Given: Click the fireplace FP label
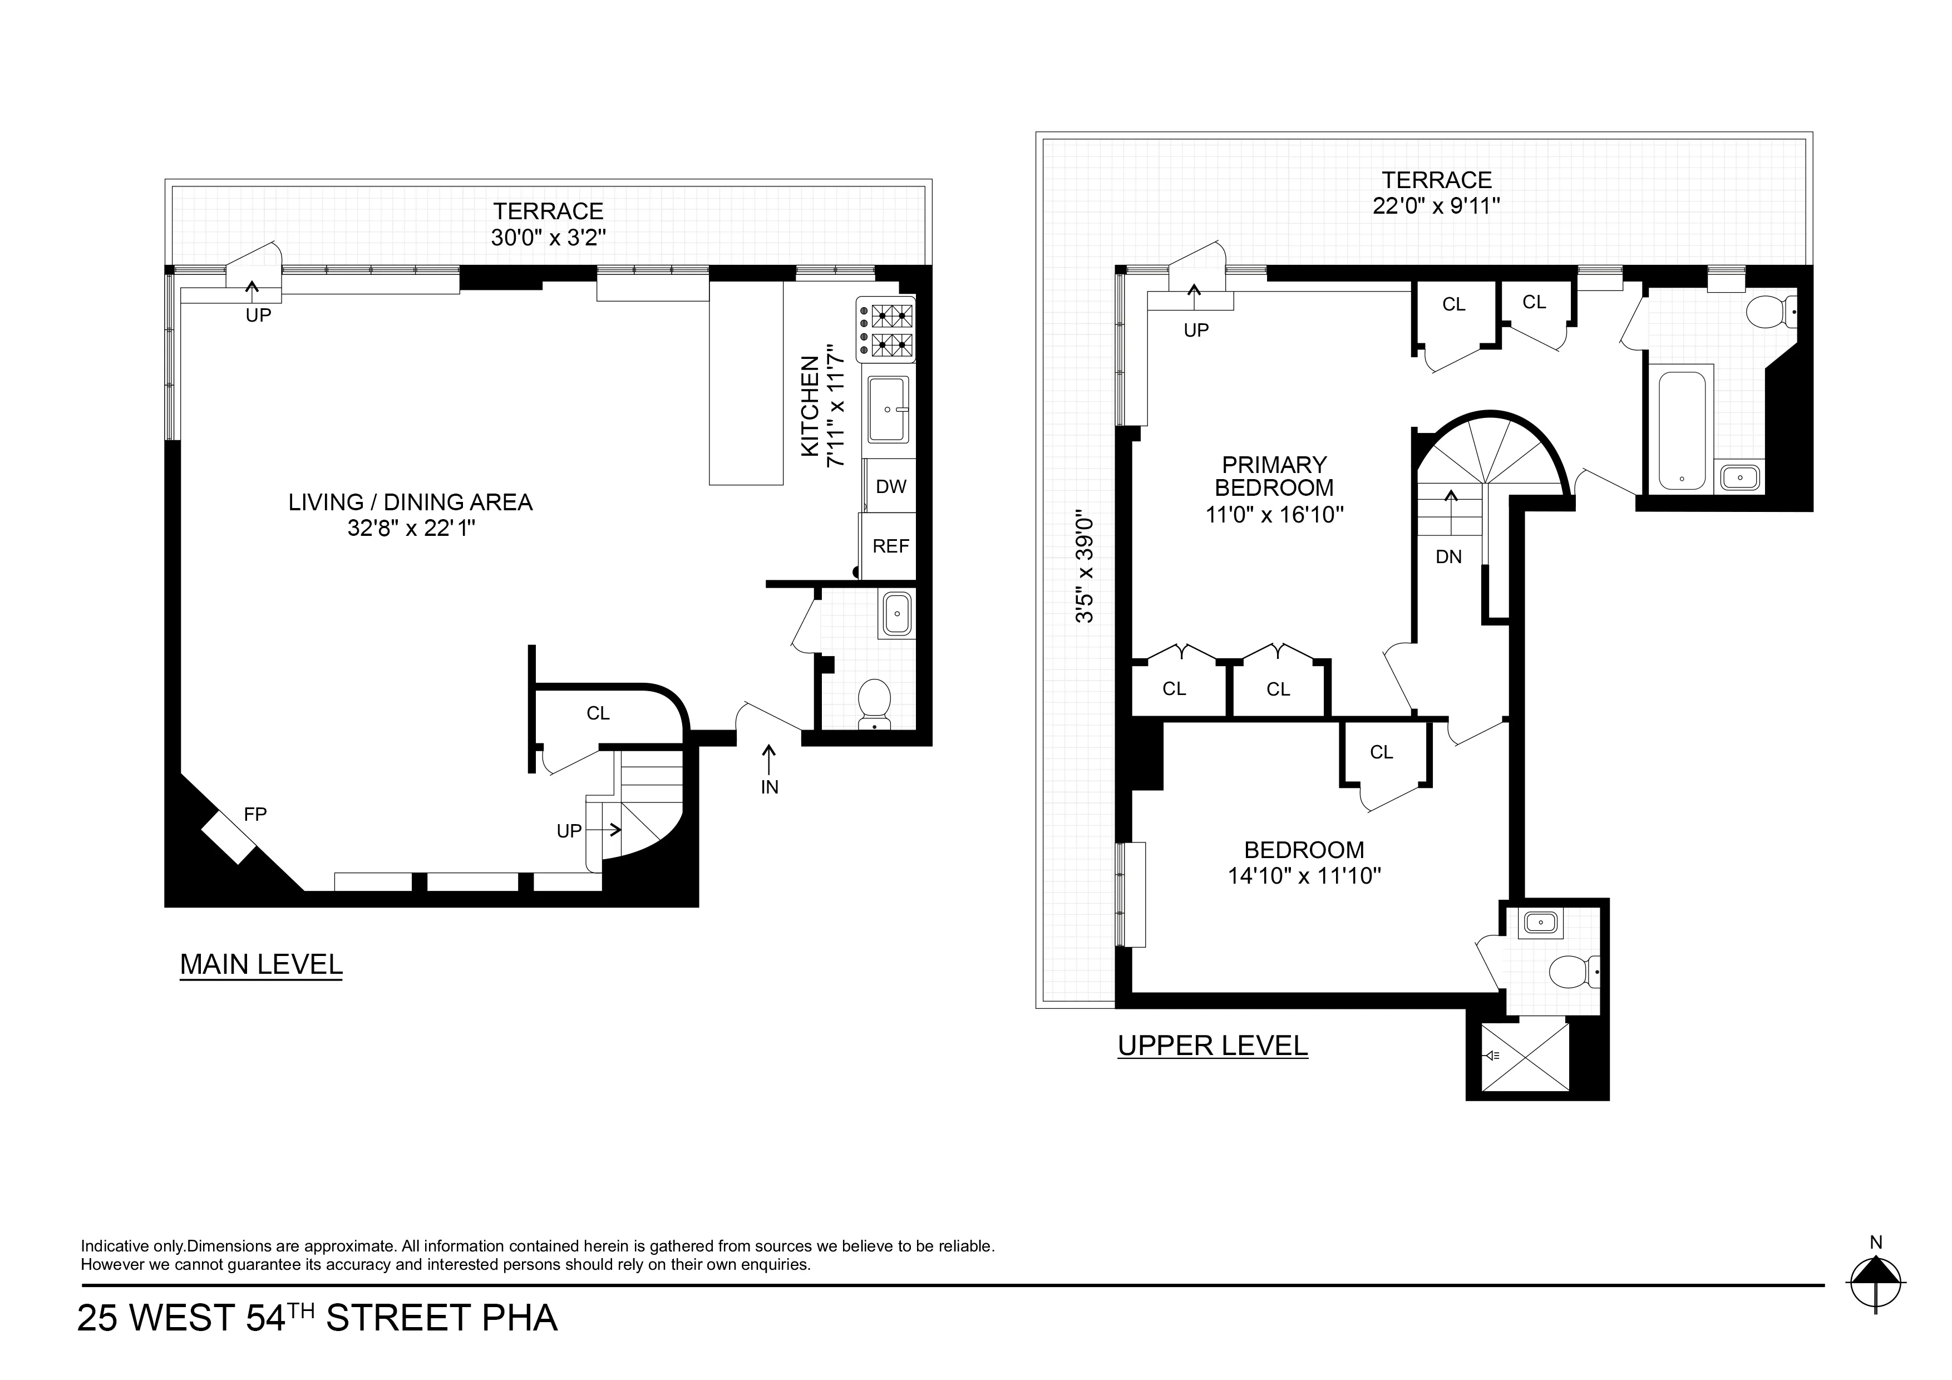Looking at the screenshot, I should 255,815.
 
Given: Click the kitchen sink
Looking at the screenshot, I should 889,410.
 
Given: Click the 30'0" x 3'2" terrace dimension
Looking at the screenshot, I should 548,237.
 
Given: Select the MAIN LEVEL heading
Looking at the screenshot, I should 261,964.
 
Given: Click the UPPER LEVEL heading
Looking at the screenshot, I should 1212,1046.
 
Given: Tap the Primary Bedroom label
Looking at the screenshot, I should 1274,476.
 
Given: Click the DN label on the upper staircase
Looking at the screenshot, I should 1448,557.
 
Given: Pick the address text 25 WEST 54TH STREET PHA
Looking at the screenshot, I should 317,1318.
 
